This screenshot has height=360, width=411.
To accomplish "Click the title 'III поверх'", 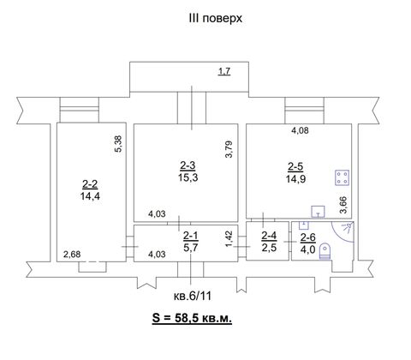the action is pos(215,19).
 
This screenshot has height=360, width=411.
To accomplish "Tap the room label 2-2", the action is pos(90,184).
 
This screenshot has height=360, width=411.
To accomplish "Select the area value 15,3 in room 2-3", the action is pos(188,177).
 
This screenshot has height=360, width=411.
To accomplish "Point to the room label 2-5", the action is pos(295,166).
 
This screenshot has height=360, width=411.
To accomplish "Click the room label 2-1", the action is pos(190,236).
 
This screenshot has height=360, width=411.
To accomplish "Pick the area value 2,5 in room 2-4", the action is pos(269,248).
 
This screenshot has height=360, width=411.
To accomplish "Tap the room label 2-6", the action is pos(307,237).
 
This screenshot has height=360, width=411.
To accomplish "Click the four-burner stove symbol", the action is pos(342,177).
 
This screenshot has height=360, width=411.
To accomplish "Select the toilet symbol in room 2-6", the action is pos(325,251).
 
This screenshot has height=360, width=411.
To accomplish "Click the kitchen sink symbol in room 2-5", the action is pos(318,212).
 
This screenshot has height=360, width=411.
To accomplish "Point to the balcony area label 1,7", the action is pos(224,71).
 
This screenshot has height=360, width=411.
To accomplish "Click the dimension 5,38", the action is pos(118,143).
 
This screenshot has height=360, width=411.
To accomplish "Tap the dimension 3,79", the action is pos(229,149).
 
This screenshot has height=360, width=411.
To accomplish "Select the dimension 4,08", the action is pos(300,131).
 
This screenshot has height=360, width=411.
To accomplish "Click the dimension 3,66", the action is pos(343,205).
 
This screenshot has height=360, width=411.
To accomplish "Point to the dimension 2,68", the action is pos(72,254).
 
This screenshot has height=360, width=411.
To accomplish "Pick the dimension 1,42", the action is pos(229,239).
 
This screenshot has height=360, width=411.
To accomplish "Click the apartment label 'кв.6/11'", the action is pos(193,297).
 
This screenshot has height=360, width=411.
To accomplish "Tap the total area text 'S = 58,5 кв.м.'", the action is pos(192,318).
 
